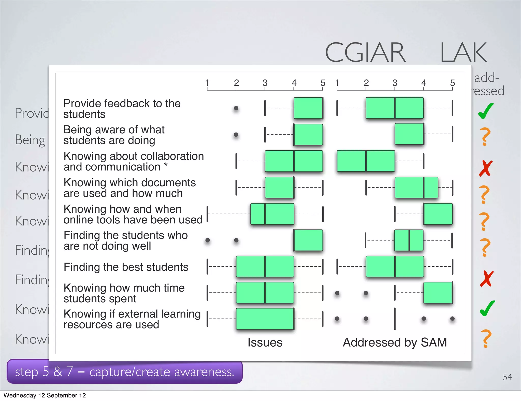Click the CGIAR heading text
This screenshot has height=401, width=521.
(x=365, y=52)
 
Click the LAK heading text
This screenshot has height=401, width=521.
(x=464, y=53)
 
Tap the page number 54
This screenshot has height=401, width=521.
(x=507, y=377)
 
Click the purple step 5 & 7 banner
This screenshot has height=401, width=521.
(x=124, y=372)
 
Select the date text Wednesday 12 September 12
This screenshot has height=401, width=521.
(x=45, y=395)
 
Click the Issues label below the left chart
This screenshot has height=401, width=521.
(x=265, y=342)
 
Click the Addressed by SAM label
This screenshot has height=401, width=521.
(x=395, y=342)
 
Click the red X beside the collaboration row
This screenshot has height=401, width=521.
(x=486, y=168)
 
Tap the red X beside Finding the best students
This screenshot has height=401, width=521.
(x=487, y=279)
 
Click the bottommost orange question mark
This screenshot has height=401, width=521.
(x=486, y=338)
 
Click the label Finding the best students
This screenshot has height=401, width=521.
(x=126, y=267)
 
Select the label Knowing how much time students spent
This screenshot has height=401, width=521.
(x=124, y=293)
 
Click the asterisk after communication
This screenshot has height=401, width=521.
(x=166, y=165)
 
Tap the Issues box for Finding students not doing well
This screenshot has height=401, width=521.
(x=308, y=240)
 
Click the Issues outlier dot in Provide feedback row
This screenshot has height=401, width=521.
(x=236, y=108)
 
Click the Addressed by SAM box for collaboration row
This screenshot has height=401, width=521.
(x=366, y=161)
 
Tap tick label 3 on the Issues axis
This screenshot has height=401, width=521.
(x=265, y=83)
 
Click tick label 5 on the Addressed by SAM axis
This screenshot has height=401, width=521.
(x=452, y=83)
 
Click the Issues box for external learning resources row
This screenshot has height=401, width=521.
(x=265, y=319)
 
